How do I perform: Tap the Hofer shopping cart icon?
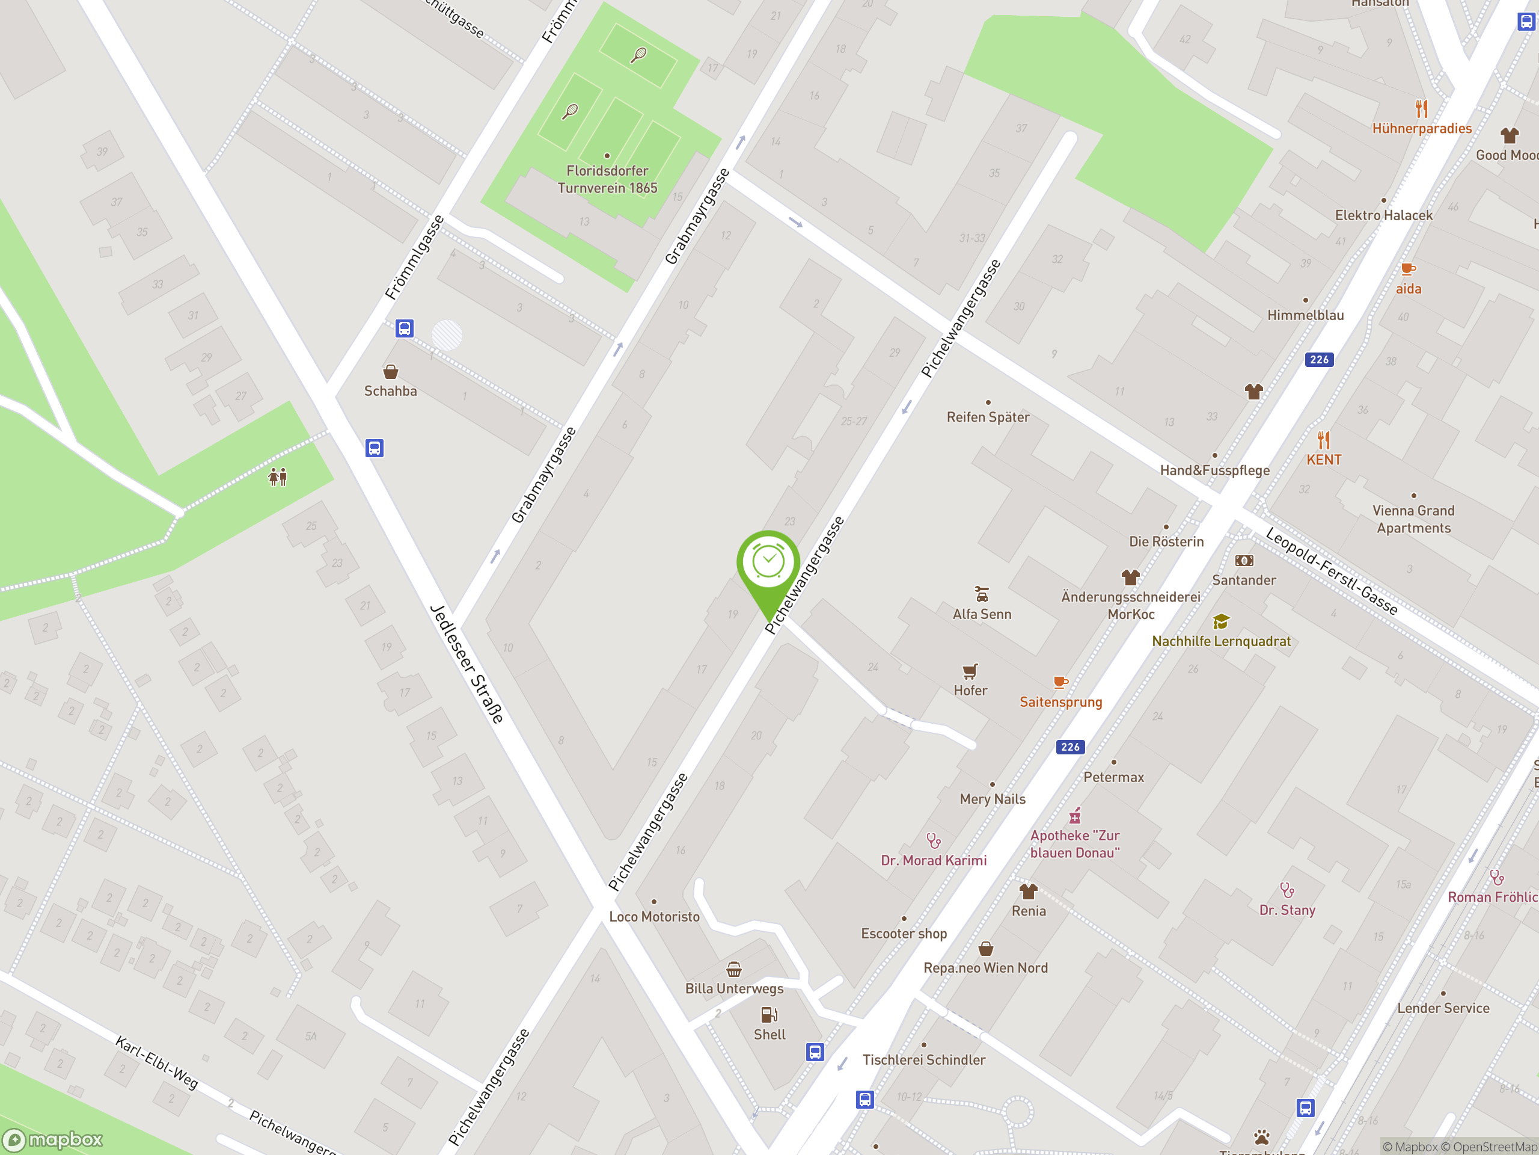click(x=970, y=671)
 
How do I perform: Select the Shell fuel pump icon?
click(x=769, y=1014)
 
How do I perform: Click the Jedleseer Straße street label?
click(x=467, y=664)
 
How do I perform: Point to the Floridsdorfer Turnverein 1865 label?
click(x=607, y=179)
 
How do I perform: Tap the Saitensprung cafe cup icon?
click(x=1060, y=682)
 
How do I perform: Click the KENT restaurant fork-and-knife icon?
click(x=1323, y=440)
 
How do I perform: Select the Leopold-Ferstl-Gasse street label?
click(x=1331, y=571)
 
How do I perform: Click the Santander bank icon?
click(x=1244, y=561)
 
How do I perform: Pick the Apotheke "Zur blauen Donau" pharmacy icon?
click(x=1075, y=815)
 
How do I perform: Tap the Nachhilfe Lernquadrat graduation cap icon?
click(x=1220, y=621)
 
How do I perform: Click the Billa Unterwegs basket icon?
click(x=734, y=969)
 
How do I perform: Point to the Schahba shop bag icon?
click(x=391, y=371)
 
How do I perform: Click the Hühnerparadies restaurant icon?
click(x=1421, y=109)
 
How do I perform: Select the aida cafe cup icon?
click(x=1408, y=269)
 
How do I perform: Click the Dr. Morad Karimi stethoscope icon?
click(x=934, y=841)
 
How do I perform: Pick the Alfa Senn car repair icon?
click(x=982, y=594)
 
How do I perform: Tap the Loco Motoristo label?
click(x=654, y=916)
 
